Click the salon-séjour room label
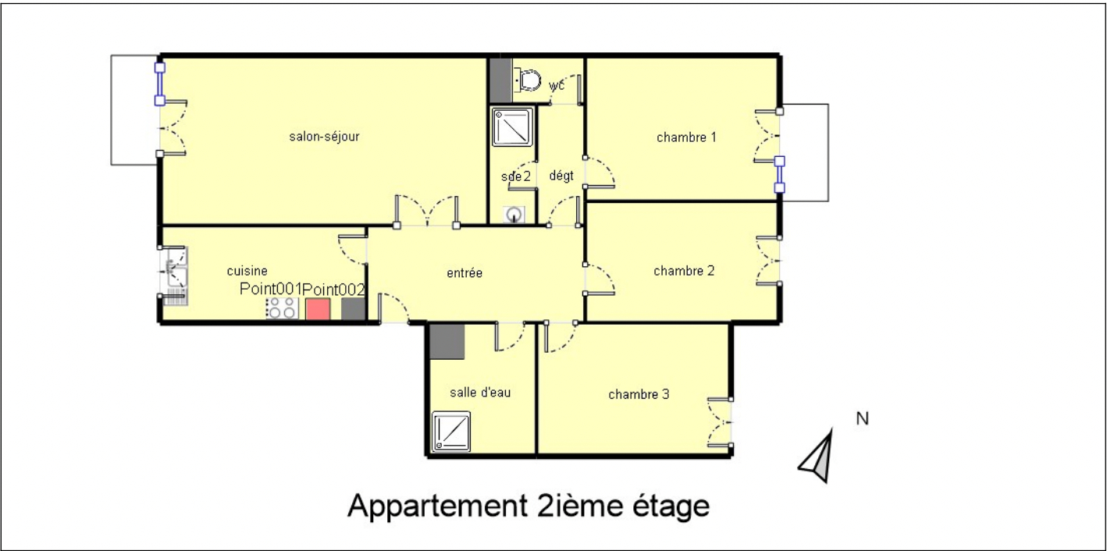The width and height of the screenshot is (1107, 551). pyautogui.click(x=324, y=137)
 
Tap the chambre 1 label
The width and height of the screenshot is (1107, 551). pyautogui.click(x=686, y=137)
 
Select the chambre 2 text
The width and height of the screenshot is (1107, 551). pyautogui.click(x=684, y=270)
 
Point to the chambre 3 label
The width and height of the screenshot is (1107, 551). pyautogui.click(x=639, y=394)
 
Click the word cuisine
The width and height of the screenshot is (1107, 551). pyautogui.click(x=247, y=271)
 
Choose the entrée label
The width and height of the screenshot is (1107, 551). pyautogui.click(x=465, y=273)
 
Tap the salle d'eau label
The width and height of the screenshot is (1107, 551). pyautogui.click(x=480, y=393)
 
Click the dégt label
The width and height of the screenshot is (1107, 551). pyautogui.click(x=561, y=176)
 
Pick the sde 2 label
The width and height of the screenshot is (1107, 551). pyautogui.click(x=515, y=176)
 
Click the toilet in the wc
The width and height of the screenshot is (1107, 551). pyautogui.click(x=527, y=80)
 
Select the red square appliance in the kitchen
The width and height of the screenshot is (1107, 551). pyautogui.click(x=318, y=309)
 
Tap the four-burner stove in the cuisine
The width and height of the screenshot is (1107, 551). pyautogui.click(x=282, y=308)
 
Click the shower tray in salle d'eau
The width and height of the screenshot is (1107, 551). pyautogui.click(x=451, y=432)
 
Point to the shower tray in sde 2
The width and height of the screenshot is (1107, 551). pyautogui.click(x=512, y=127)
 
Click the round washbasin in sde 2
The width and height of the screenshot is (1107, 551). pyautogui.click(x=514, y=215)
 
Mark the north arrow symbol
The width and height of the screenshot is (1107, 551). pyautogui.click(x=818, y=457)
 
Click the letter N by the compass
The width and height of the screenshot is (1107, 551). pyautogui.click(x=863, y=418)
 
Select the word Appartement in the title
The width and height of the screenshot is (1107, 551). pyautogui.click(x=437, y=507)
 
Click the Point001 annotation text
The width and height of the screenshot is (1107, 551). pyautogui.click(x=271, y=289)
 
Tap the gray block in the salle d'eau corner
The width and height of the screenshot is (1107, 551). pyautogui.click(x=447, y=342)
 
